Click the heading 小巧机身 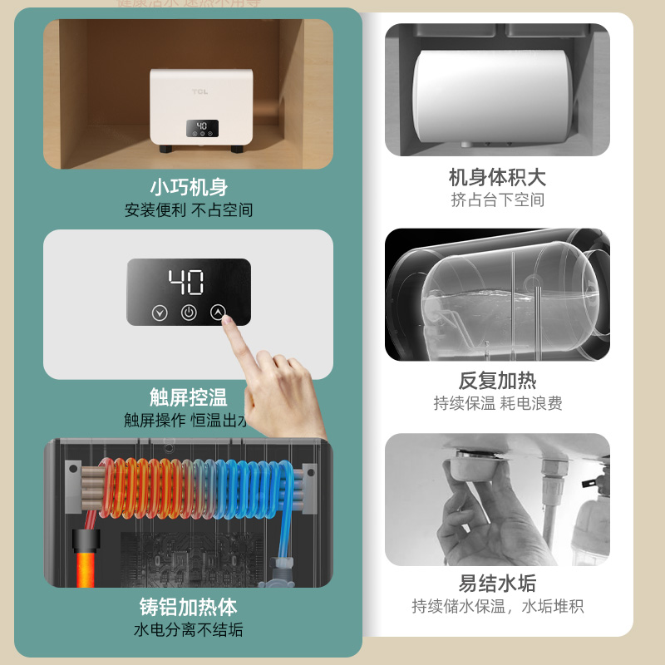coord(189,187)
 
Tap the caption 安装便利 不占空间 coord(189,210)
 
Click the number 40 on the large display coord(188,283)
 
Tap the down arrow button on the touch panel coord(159,313)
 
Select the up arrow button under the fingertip coord(218,313)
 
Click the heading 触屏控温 coord(189,397)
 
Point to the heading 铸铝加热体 coord(189,606)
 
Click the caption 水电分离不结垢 coord(189,630)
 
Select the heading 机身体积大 coord(497,177)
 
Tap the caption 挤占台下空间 coord(497,200)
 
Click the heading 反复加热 coord(497,381)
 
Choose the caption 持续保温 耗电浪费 coord(497,404)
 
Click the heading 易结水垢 coord(497,583)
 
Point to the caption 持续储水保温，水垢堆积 coord(497,607)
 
